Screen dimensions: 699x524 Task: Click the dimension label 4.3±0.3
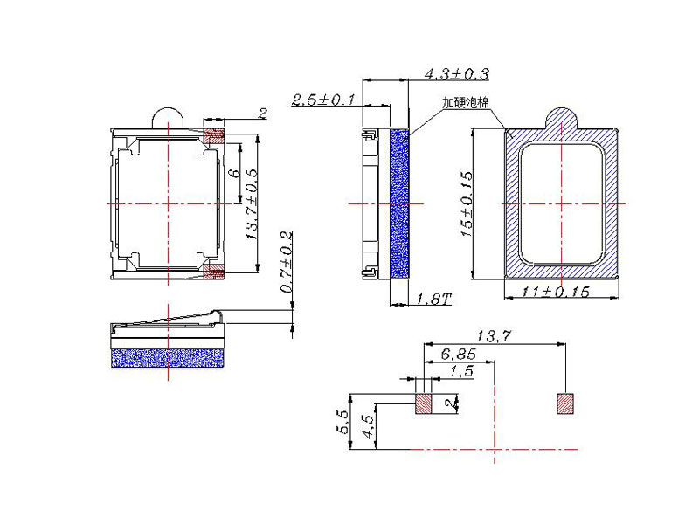pos(456,74)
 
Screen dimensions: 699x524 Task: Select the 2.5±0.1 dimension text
pos(323,100)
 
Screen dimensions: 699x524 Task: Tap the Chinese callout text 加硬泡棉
pos(466,102)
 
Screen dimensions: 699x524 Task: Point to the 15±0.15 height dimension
pos(467,204)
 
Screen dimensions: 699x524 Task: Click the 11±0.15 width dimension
pos(556,292)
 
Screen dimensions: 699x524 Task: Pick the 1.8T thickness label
pos(433,299)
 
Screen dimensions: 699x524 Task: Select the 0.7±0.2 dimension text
pos(287,262)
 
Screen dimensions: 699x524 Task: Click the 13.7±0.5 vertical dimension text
pos(252,204)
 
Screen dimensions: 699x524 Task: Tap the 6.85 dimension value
pos(458,355)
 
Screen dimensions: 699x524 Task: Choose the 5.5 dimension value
pos(343,423)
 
